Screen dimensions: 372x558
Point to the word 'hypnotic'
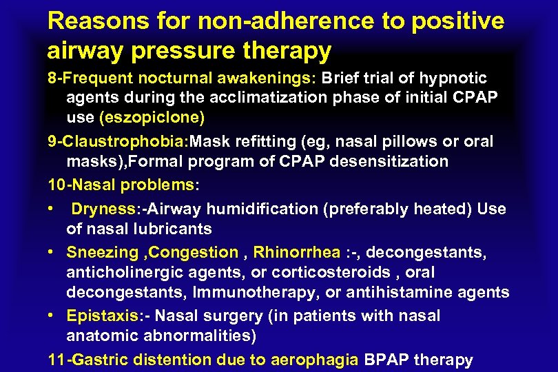[453, 79]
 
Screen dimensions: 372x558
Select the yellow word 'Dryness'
[99, 209]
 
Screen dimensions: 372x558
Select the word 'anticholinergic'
[122, 273]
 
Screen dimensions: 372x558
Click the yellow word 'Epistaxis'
[100, 316]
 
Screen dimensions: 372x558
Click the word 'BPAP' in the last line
[386, 360]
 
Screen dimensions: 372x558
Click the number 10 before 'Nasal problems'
[56, 185]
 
